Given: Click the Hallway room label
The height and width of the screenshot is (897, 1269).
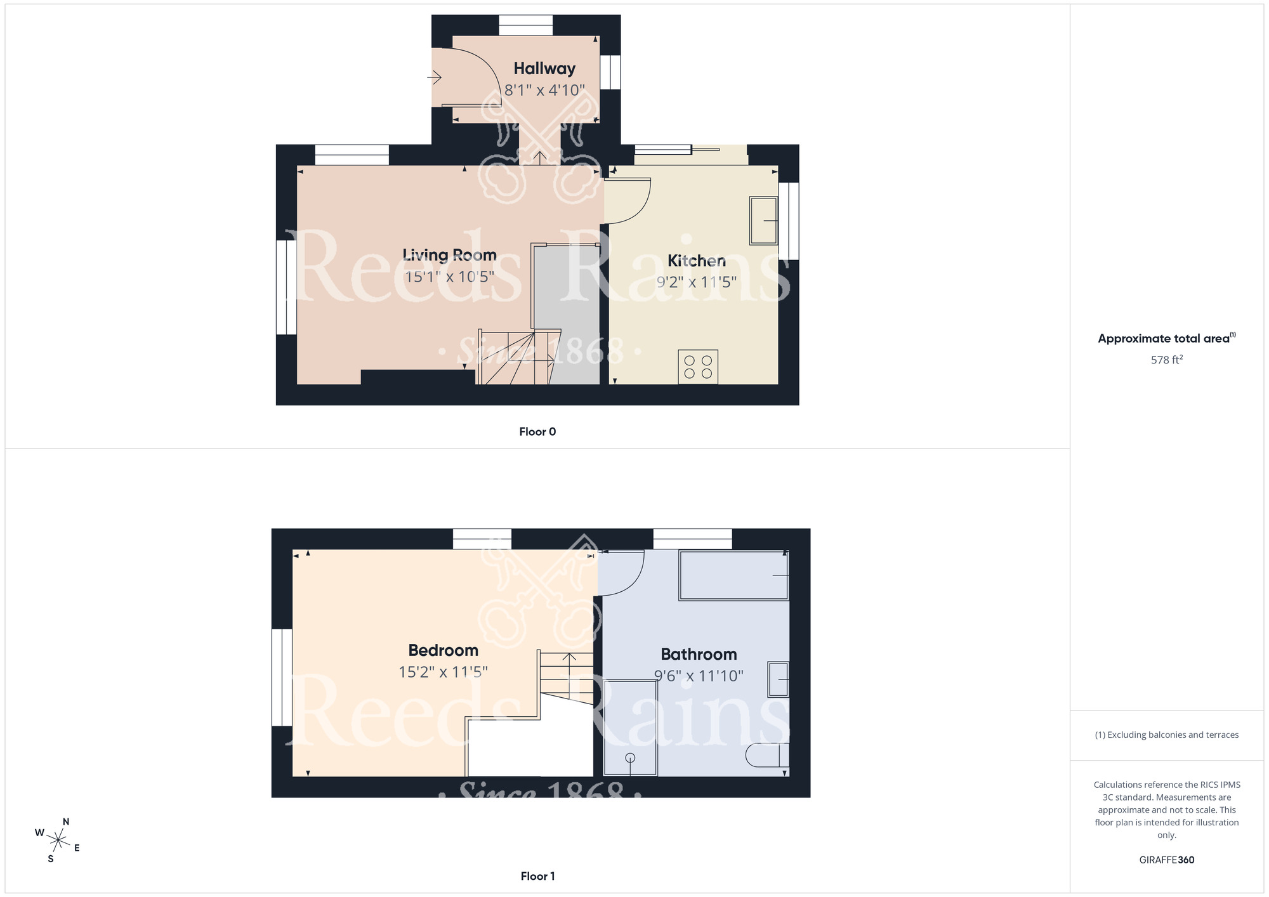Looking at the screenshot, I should click(544, 69).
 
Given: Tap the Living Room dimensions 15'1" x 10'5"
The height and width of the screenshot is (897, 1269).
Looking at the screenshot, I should click(449, 277).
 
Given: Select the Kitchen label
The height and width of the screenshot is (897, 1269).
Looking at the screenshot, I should click(696, 261).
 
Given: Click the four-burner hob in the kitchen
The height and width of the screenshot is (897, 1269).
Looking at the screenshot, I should click(698, 367).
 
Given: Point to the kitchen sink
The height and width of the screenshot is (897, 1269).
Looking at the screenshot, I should click(763, 220).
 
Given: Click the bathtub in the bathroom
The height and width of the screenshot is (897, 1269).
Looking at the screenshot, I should click(733, 575).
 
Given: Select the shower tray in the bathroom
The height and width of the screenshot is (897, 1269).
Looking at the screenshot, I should click(630, 728).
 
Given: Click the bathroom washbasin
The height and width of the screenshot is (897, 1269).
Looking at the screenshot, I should click(778, 679).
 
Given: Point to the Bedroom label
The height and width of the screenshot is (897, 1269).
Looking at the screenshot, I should click(443, 650).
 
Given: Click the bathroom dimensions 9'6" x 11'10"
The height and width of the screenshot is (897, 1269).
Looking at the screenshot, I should click(699, 676).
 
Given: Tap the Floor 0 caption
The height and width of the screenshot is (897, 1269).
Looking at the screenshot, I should click(537, 432).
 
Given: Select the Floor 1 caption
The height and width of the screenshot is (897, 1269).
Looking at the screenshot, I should click(537, 876).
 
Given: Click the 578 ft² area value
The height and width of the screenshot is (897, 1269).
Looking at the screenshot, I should click(1166, 360).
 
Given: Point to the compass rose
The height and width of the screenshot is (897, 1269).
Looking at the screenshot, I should click(58, 841).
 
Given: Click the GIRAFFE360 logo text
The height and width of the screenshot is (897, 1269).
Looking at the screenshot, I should click(1166, 860).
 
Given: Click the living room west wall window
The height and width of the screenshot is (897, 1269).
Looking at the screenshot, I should click(286, 287).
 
